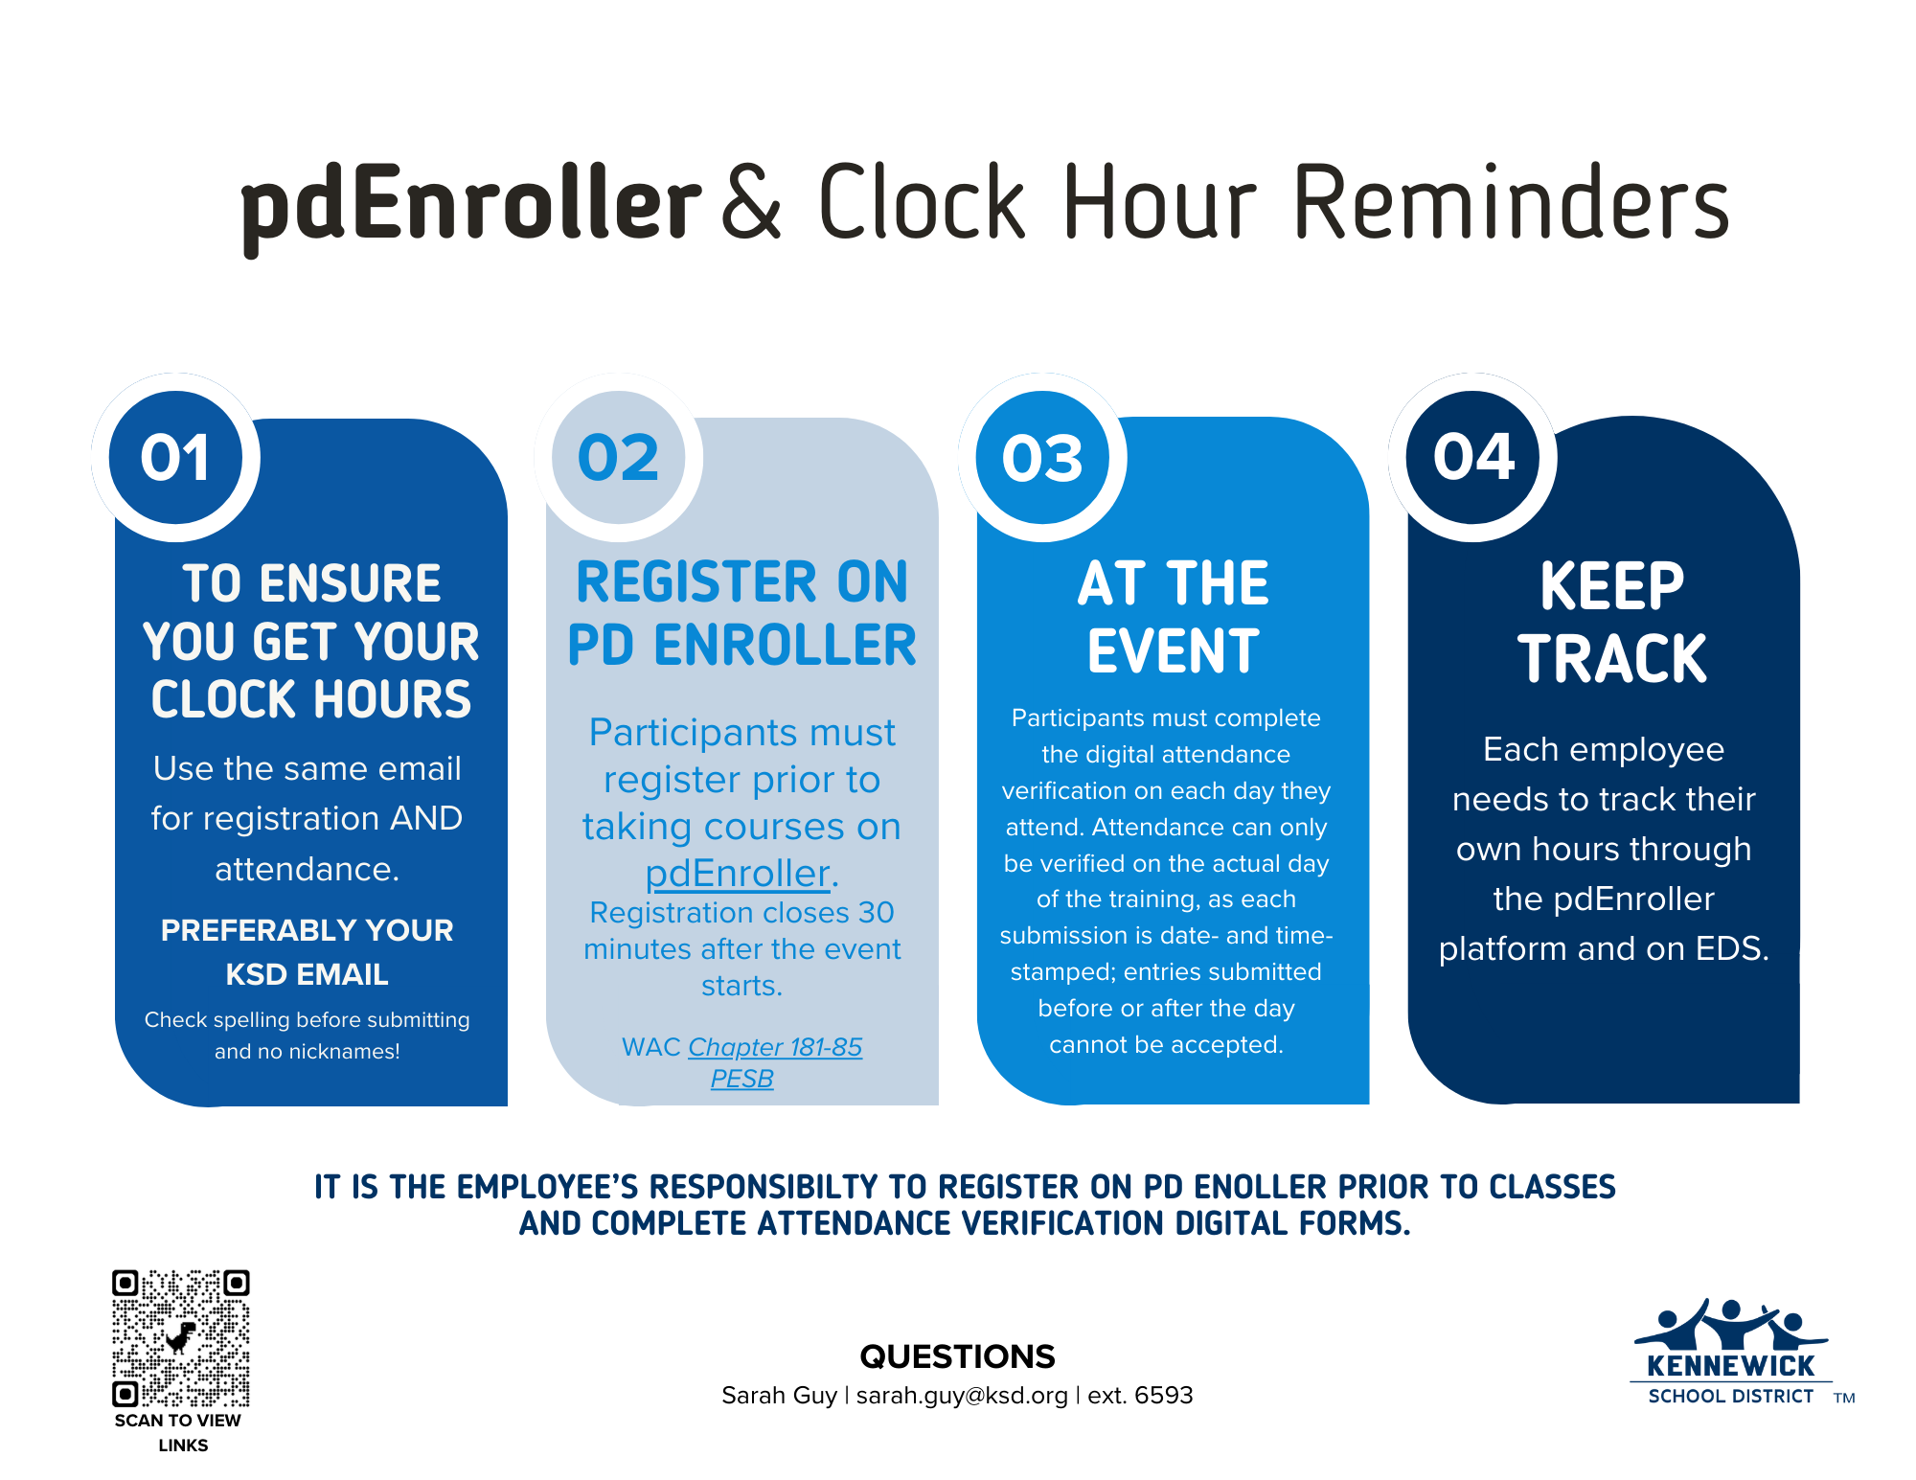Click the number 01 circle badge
[175, 457]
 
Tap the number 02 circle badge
[619, 457]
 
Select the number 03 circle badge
[1042, 457]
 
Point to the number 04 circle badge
[1473, 457]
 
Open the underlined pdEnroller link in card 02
[738, 874]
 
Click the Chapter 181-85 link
[775, 1047]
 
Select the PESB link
[741, 1079]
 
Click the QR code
[180, 1337]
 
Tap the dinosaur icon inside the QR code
[180, 1337]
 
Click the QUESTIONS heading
[957, 1356]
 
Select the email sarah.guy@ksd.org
[962, 1396]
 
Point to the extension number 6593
[1164, 1396]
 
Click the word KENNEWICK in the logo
[1730, 1366]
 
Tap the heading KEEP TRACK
[1612, 623]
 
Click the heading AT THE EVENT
[1174, 618]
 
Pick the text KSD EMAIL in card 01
[307, 974]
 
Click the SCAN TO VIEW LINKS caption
[179, 1433]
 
